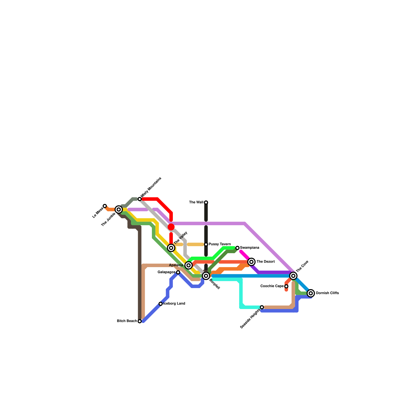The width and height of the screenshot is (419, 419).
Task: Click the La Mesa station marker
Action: (105, 206)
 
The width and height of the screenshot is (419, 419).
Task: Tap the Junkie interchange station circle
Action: (119, 210)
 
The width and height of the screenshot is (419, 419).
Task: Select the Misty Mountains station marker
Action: (140, 199)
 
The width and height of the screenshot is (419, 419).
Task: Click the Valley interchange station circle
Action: (171, 248)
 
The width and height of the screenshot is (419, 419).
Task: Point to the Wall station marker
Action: (206, 202)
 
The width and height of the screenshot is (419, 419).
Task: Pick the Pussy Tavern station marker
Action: (206, 244)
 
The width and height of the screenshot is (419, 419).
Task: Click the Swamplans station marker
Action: (237, 248)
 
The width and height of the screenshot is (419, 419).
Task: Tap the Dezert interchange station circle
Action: (251, 262)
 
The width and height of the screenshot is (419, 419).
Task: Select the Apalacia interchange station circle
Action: (189, 265)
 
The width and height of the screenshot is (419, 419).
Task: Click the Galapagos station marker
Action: (178, 272)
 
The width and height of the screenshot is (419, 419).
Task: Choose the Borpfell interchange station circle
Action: (206, 276)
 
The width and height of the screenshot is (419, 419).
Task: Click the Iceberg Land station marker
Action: (161, 304)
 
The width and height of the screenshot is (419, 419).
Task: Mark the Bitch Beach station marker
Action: (140, 321)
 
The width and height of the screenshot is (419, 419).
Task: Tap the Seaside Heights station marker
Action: (262, 307)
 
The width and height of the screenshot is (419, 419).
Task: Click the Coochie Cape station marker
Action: (286, 286)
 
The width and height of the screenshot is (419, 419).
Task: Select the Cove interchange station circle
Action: (293, 275)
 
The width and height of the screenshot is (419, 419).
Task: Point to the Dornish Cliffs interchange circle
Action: (311, 293)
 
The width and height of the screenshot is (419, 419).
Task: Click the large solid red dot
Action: (171, 227)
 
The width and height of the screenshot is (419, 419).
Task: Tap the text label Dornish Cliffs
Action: (327, 293)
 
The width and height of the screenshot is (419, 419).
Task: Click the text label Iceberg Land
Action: (174, 304)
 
